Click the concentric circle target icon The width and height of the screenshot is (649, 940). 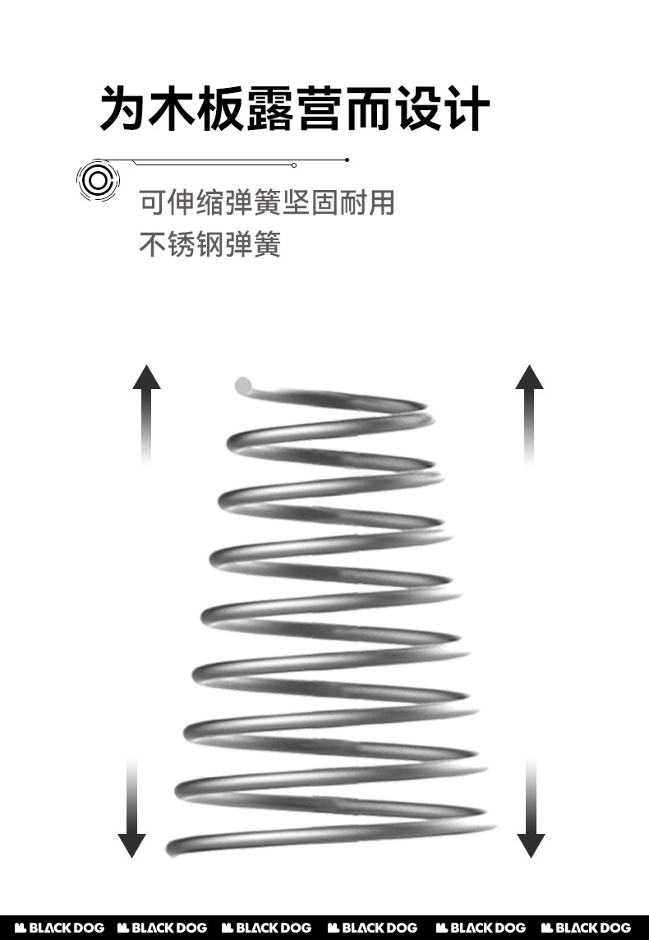click(x=98, y=179)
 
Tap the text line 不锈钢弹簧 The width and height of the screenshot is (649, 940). click(x=209, y=244)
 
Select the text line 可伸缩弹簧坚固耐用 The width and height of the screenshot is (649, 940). click(x=267, y=202)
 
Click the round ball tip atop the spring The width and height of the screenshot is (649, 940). click(x=243, y=384)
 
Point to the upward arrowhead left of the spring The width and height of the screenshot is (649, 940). click(x=146, y=377)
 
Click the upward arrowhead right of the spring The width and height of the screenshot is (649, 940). click(x=530, y=377)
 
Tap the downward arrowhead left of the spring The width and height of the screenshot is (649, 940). click(x=131, y=845)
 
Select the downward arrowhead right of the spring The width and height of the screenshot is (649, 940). click(x=531, y=845)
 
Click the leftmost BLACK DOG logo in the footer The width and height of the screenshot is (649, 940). click(x=60, y=928)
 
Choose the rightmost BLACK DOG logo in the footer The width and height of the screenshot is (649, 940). click(x=587, y=928)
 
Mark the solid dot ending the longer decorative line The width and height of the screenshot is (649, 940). click(x=348, y=159)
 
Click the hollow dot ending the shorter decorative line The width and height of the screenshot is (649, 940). click(x=294, y=165)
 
